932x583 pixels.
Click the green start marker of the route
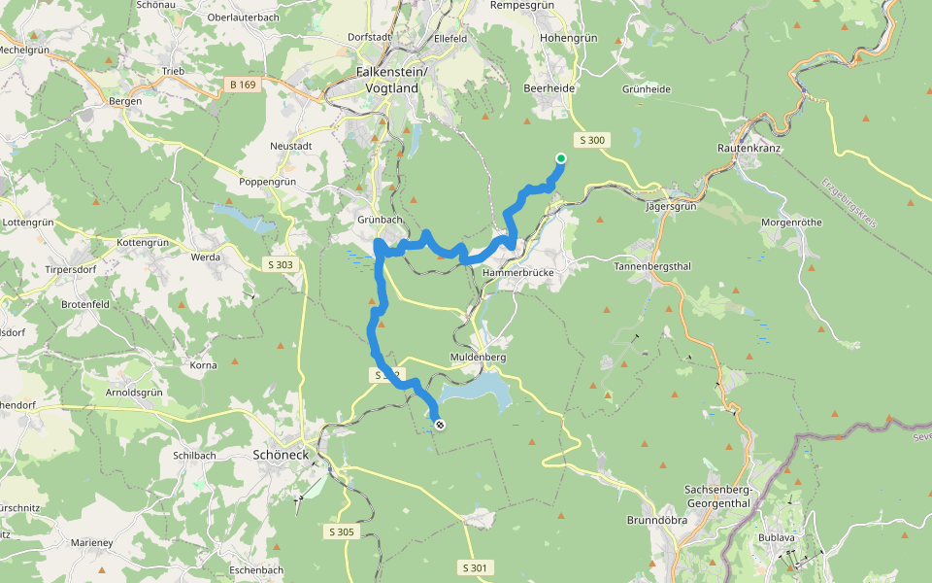[561, 158]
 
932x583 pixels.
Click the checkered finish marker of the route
[440, 424]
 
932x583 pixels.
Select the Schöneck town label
[281, 454]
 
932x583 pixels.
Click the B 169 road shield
[243, 85]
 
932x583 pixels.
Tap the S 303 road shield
[279, 263]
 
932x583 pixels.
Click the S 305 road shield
[340, 532]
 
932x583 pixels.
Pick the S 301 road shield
[476, 566]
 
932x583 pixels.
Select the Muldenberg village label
[479, 357]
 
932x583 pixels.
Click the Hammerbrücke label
[517, 273]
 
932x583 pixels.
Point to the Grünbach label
[380, 220]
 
